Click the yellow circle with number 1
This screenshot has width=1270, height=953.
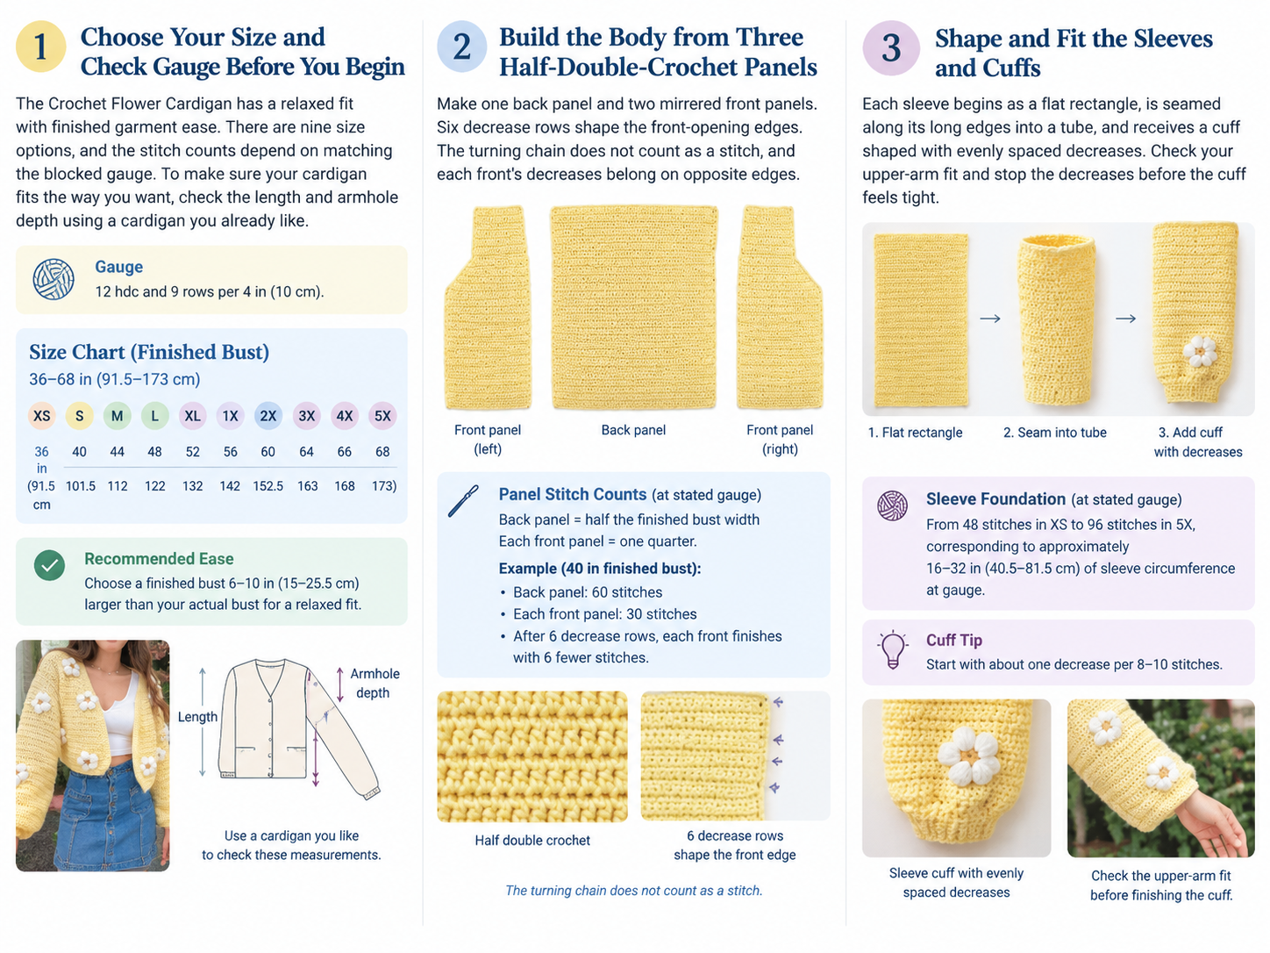[40, 47]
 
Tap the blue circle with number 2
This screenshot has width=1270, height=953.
[461, 47]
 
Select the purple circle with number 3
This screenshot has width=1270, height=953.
[891, 47]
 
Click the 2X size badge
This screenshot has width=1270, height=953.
[268, 415]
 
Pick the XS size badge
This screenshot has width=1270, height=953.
[41, 415]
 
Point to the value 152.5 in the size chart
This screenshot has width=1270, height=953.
[268, 486]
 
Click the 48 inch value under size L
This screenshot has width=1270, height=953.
[154, 451]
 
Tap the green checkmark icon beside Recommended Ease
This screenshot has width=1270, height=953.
[50, 565]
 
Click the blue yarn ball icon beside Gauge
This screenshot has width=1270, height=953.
[54, 279]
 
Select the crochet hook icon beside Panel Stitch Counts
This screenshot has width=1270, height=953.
[463, 501]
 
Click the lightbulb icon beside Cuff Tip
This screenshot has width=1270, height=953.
[892, 649]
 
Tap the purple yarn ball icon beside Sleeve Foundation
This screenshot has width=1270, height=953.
[892, 505]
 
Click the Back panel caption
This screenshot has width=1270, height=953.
[633, 430]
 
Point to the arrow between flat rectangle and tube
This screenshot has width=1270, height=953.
[990, 319]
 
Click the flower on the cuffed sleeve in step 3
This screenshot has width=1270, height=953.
[1200, 351]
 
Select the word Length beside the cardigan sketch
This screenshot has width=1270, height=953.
[197, 716]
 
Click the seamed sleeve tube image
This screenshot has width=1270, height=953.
[1057, 319]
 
